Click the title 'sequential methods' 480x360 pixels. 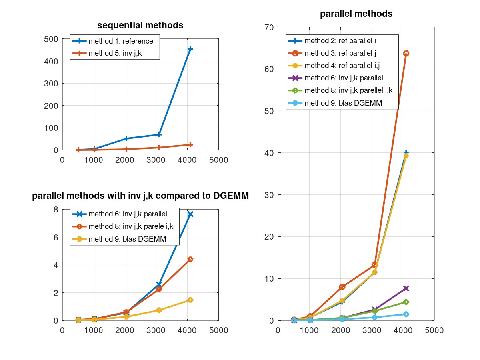click(x=140, y=26)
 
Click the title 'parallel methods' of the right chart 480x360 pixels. click(x=356, y=14)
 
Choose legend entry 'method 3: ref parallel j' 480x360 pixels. click(x=340, y=53)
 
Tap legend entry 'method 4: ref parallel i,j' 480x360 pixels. click(x=342, y=65)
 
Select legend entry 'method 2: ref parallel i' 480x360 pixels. click(x=340, y=40)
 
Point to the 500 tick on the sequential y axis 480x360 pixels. click(x=51, y=39)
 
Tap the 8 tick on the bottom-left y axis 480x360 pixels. click(x=55, y=210)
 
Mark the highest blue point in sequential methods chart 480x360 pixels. click(x=190, y=49)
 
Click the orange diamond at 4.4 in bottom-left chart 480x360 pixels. click(x=190, y=259)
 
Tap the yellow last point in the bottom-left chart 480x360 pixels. click(x=190, y=300)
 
